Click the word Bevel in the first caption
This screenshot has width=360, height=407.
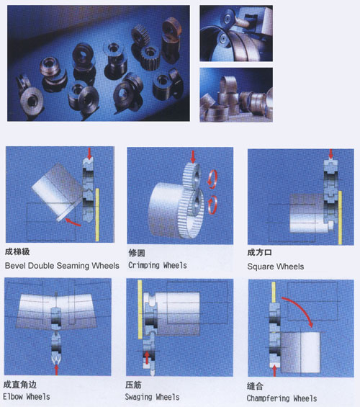[16, 266]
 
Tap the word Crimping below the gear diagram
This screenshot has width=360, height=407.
[144, 265]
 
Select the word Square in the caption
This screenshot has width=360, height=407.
[258, 267]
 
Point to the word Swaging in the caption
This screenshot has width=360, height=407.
[138, 397]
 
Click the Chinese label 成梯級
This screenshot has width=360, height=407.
[17, 251]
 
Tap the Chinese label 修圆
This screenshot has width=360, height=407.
[137, 253]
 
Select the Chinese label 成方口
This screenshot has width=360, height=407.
[259, 252]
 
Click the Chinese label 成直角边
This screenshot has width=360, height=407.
[19, 385]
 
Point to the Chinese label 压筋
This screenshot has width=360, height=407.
[133, 385]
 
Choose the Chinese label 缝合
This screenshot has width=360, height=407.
[255, 386]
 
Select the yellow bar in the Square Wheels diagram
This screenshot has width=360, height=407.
[340, 218]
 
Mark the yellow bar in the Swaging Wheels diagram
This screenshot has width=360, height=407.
[140, 310]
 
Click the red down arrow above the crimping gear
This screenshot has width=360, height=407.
[193, 156]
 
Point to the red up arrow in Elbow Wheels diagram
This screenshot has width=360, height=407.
[56, 370]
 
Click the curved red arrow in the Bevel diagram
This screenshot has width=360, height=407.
[73, 223]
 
